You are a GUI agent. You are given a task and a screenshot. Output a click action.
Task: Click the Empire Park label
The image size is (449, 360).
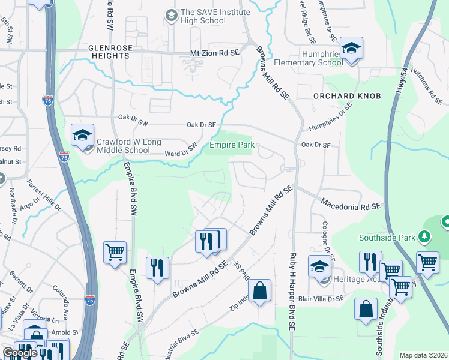[x=232, y=145]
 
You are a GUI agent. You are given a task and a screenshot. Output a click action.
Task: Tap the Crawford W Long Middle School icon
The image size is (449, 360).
[x=82, y=136]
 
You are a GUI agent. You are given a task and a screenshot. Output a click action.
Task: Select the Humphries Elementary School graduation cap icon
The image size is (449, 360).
[x=351, y=48]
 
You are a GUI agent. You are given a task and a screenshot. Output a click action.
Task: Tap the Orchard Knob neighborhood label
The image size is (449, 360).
[x=338, y=96]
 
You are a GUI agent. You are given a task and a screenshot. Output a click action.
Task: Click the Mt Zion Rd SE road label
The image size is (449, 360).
[x=214, y=53]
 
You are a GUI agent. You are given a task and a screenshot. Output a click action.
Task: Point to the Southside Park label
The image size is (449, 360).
[x=387, y=238]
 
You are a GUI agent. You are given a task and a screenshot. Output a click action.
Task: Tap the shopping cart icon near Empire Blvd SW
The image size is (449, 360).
[x=115, y=252]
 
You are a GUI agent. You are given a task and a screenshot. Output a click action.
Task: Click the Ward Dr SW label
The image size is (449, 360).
[x=181, y=150]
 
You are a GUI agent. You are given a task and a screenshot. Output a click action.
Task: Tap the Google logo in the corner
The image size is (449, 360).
[x=19, y=353]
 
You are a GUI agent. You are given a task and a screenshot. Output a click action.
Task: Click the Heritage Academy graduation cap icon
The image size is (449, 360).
[x=319, y=266]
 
